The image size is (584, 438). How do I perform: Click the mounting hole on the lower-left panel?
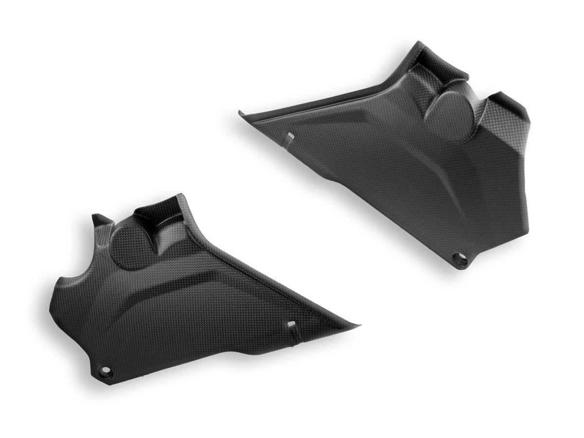(106, 373)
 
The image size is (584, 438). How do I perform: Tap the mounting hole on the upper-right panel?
(459, 260)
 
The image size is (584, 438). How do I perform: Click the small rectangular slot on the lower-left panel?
(291, 324)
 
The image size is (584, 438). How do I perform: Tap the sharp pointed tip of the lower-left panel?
(359, 325)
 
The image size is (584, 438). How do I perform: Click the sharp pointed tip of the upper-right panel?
(240, 113)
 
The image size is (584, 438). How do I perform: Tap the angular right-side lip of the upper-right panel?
(506, 112)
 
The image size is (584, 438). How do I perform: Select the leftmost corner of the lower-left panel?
(51, 311)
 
